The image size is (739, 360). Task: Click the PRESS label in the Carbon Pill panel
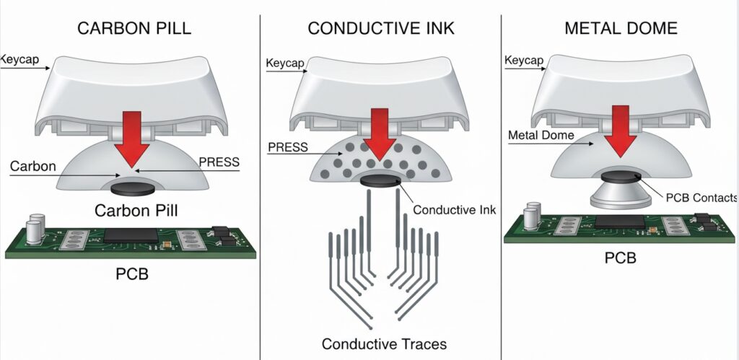217,162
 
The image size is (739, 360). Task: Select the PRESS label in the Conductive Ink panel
287,148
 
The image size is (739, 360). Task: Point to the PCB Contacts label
701,198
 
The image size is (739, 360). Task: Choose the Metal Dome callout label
541,136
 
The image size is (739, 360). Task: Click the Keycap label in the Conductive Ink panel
286,63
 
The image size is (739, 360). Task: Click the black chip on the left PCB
131,235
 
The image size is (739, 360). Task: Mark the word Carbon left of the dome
33,167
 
